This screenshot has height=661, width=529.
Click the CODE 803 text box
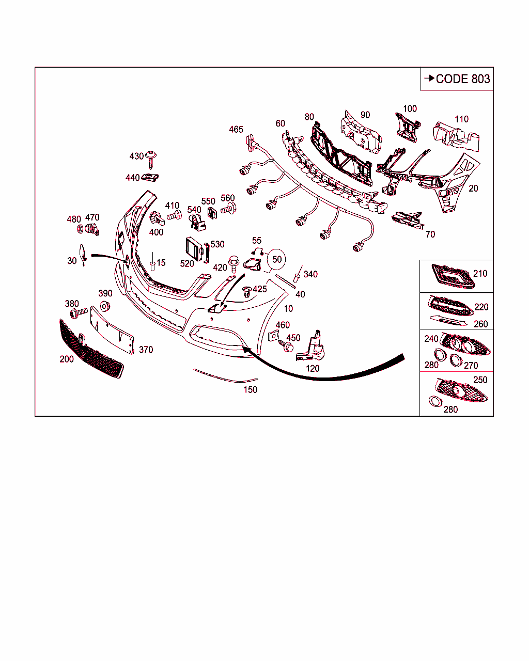(x=457, y=79)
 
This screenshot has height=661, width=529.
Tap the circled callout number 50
(x=276, y=260)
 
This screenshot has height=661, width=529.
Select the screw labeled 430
(x=151, y=160)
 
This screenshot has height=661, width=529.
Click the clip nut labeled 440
(x=150, y=178)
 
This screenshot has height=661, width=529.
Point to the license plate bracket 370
(x=112, y=330)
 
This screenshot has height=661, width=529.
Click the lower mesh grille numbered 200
(x=91, y=349)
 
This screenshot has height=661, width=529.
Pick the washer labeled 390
(x=105, y=307)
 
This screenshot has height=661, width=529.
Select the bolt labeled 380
(x=79, y=313)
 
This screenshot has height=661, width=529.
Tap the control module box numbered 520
(x=194, y=249)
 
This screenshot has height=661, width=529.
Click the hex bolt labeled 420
(x=234, y=264)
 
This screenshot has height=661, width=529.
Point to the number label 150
(x=250, y=389)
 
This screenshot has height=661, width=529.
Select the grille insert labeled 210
(x=453, y=276)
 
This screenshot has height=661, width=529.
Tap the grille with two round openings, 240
(x=465, y=344)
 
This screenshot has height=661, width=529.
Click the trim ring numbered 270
(x=456, y=360)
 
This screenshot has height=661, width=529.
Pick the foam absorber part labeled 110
(x=456, y=137)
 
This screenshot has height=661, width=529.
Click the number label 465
(x=236, y=129)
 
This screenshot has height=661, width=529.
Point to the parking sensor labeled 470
(x=92, y=229)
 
